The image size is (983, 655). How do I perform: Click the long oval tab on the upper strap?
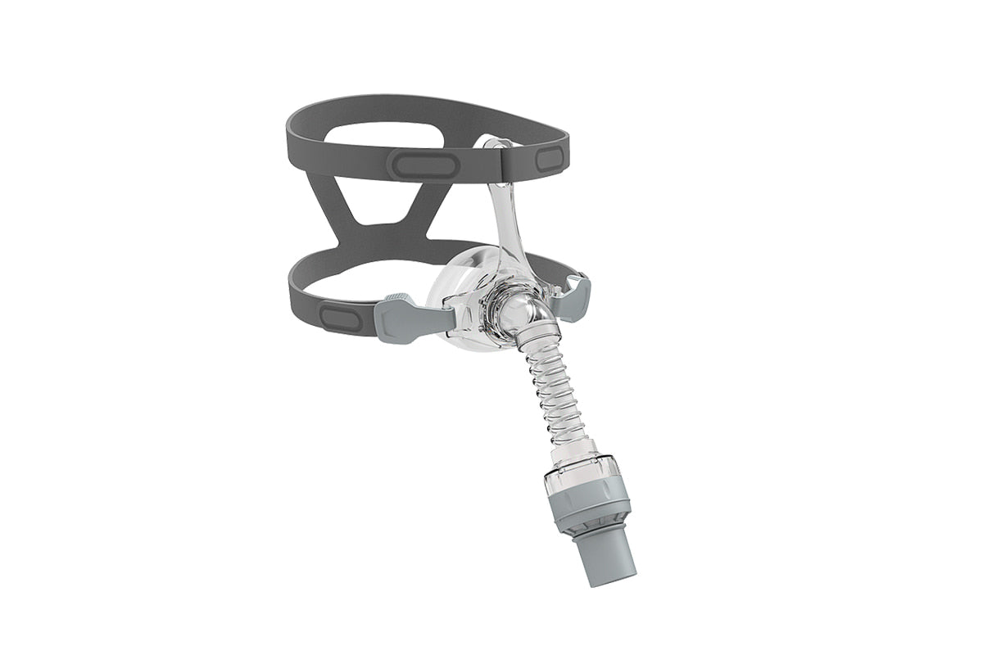click(422, 164)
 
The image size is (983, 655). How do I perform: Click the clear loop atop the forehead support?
click(496, 145)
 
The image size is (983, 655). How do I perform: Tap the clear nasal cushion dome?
click(463, 295)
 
